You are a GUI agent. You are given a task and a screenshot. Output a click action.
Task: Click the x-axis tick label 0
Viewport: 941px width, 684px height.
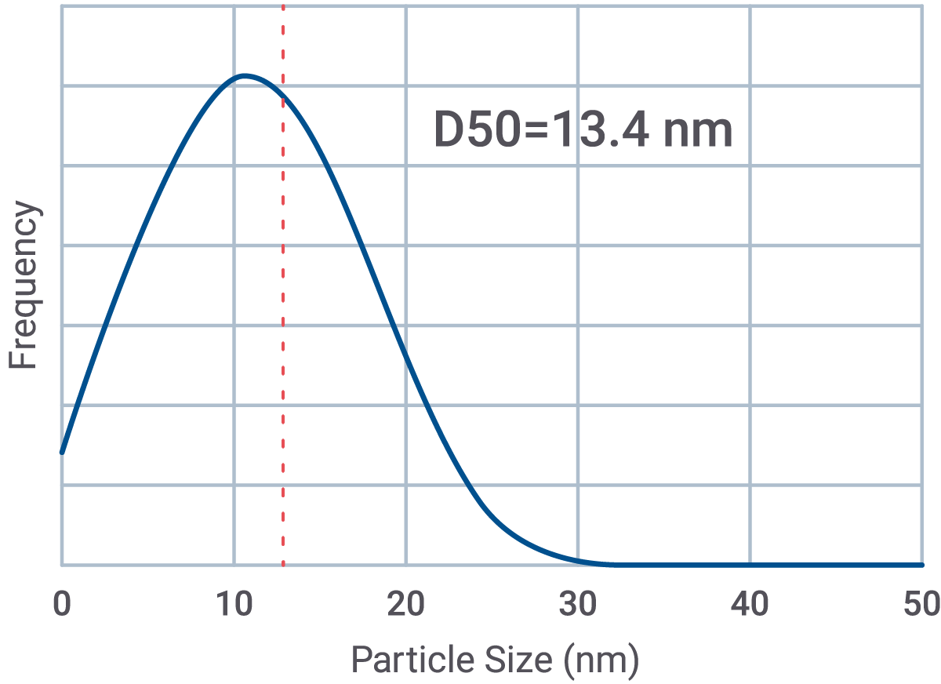click(61, 605)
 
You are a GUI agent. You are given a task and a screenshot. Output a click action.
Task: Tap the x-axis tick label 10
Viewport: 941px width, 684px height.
click(234, 605)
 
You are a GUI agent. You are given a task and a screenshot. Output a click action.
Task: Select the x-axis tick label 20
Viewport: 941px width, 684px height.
click(405, 605)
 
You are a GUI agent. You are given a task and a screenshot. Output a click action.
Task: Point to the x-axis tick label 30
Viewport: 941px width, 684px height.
click(578, 605)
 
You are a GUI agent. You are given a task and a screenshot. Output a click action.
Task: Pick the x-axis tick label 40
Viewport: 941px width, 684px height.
click(750, 605)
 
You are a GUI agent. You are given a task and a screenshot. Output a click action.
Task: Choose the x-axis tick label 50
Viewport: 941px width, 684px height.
click(921, 605)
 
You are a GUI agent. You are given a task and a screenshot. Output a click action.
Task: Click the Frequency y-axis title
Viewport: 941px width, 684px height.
click(24, 286)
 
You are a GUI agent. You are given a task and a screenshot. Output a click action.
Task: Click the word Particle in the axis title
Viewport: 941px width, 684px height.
click(400, 660)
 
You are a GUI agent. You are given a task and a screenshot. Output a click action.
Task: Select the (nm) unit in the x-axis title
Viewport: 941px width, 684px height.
click(601, 660)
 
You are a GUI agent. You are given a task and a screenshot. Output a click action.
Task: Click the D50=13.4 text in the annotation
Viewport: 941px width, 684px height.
click(541, 130)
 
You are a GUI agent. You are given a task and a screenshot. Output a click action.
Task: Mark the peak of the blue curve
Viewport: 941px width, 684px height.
click(245, 76)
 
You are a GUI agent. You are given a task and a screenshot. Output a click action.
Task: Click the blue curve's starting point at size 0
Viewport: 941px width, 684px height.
click(61, 453)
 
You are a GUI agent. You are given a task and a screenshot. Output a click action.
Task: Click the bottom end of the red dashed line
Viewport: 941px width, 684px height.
click(283, 563)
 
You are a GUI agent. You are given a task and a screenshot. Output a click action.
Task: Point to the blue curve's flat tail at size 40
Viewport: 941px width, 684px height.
click(750, 564)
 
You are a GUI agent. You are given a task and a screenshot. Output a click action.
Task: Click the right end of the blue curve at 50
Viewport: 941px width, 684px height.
click(921, 564)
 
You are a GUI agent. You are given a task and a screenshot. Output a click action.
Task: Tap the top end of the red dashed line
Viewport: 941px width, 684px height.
click(283, 6)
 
